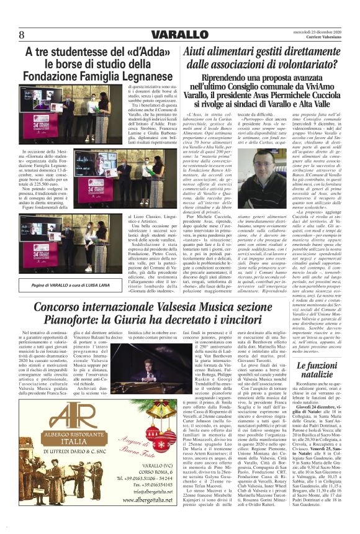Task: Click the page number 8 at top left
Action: (21, 34)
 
